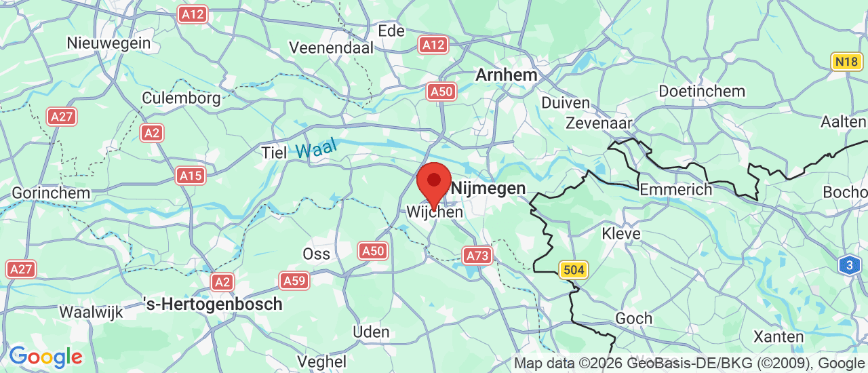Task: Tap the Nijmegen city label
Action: [x=488, y=188]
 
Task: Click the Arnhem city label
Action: [x=506, y=75]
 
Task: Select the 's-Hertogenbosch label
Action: [x=213, y=304]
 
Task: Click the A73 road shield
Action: [x=477, y=256]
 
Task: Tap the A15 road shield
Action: [x=191, y=176]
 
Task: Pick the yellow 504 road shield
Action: [x=573, y=270]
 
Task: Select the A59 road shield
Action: [x=294, y=280]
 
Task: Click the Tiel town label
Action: [x=275, y=153]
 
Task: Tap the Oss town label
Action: [x=317, y=254]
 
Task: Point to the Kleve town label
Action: [x=621, y=234]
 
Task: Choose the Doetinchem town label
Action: [x=702, y=91]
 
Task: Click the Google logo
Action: [x=45, y=357]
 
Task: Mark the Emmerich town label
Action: [x=676, y=189]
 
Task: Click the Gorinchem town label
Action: [x=51, y=193]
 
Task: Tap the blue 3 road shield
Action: [x=849, y=264]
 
